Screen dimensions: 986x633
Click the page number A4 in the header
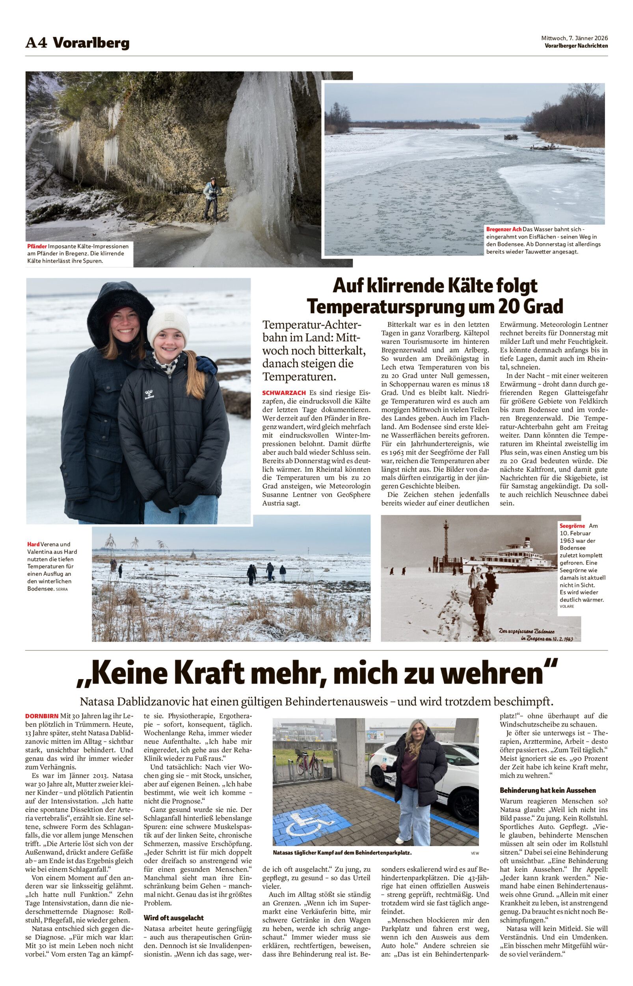coord(37,43)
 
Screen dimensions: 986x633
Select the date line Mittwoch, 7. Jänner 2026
coord(574,38)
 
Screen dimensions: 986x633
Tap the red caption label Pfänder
coord(37,246)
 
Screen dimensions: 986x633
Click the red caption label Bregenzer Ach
coord(504,229)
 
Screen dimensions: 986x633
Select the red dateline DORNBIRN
coord(41,716)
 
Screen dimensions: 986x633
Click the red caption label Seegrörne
coord(572,526)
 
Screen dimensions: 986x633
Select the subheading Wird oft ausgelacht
coord(173,917)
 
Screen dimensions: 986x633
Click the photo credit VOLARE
coord(566,607)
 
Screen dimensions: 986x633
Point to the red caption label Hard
coord(33,544)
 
